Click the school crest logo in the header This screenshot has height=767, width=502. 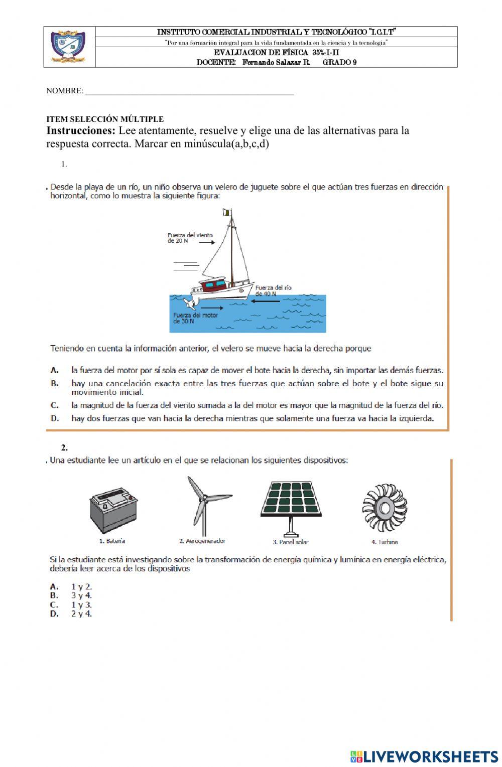[x=68, y=47]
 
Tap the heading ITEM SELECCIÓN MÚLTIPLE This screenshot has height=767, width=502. [x=105, y=119]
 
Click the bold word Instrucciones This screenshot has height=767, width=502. [x=81, y=131]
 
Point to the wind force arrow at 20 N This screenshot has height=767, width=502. [x=206, y=242]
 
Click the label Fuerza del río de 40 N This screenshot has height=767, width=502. [x=273, y=291]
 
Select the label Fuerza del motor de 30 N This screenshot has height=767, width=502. [x=195, y=318]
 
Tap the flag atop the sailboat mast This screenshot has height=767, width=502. [x=227, y=213]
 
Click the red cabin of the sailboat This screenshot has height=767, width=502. [x=213, y=285]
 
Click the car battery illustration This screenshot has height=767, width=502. [x=114, y=510]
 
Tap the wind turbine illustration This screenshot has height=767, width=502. [x=203, y=504]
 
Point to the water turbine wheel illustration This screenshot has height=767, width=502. [x=385, y=508]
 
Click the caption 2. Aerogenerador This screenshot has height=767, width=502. [x=202, y=541]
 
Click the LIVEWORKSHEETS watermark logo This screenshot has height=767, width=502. [x=424, y=756]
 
